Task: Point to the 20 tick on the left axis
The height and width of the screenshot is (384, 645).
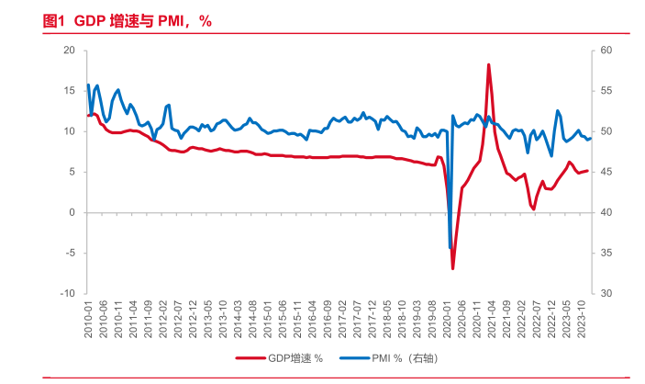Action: pos(68,51)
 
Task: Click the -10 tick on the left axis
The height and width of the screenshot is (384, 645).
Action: pos(66,294)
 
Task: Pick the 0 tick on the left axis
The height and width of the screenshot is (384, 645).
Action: pos(71,212)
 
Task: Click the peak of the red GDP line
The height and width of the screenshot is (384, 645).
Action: pos(489,64)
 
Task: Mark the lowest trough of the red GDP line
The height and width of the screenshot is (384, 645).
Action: pos(453,268)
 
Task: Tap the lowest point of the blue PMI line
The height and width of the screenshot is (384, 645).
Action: pos(450,248)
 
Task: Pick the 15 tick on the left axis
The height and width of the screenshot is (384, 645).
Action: pos(68,91)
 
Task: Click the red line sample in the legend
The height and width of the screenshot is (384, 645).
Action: pos(250,358)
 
